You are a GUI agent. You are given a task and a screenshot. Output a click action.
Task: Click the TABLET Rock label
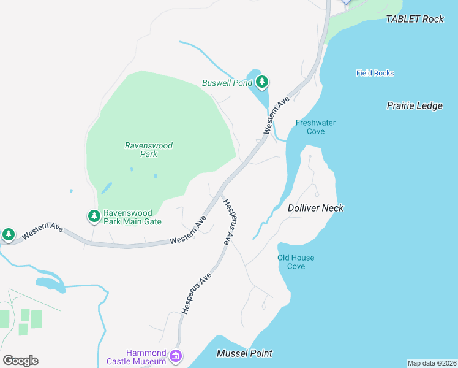(415, 19)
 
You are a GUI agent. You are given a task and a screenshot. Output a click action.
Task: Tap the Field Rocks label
(375, 73)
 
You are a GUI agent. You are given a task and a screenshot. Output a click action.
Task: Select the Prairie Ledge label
(415, 105)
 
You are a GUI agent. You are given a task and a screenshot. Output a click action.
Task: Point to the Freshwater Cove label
(315, 127)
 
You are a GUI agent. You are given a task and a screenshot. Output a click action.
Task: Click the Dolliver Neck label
(315, 208)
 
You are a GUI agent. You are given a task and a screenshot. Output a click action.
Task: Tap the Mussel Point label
(244, 353)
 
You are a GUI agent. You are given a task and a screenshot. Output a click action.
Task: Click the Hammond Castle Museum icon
(176, 356)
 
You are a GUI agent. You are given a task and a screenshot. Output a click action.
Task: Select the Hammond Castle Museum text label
(146, 357)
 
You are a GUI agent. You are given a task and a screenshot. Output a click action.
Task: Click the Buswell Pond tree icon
(262, 82)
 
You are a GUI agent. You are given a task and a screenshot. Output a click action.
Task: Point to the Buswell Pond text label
(227, 83)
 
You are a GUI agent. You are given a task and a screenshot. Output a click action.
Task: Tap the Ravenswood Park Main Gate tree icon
(94, 216)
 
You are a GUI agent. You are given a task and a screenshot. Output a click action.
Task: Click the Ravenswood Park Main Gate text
(132, 217)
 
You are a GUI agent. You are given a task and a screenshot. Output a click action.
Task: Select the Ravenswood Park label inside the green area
(149, 150)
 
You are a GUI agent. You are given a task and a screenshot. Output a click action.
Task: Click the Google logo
(20, 361)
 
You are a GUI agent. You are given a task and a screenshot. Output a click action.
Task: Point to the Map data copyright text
(432, 362)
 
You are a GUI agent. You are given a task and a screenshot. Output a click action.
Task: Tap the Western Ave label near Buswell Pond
(276, 115)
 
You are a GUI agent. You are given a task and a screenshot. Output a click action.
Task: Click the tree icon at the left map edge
(8, 234)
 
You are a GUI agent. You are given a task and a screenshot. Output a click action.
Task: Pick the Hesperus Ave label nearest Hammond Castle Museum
(195, 294)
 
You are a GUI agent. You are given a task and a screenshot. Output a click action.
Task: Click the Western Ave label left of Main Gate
(42, 231)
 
